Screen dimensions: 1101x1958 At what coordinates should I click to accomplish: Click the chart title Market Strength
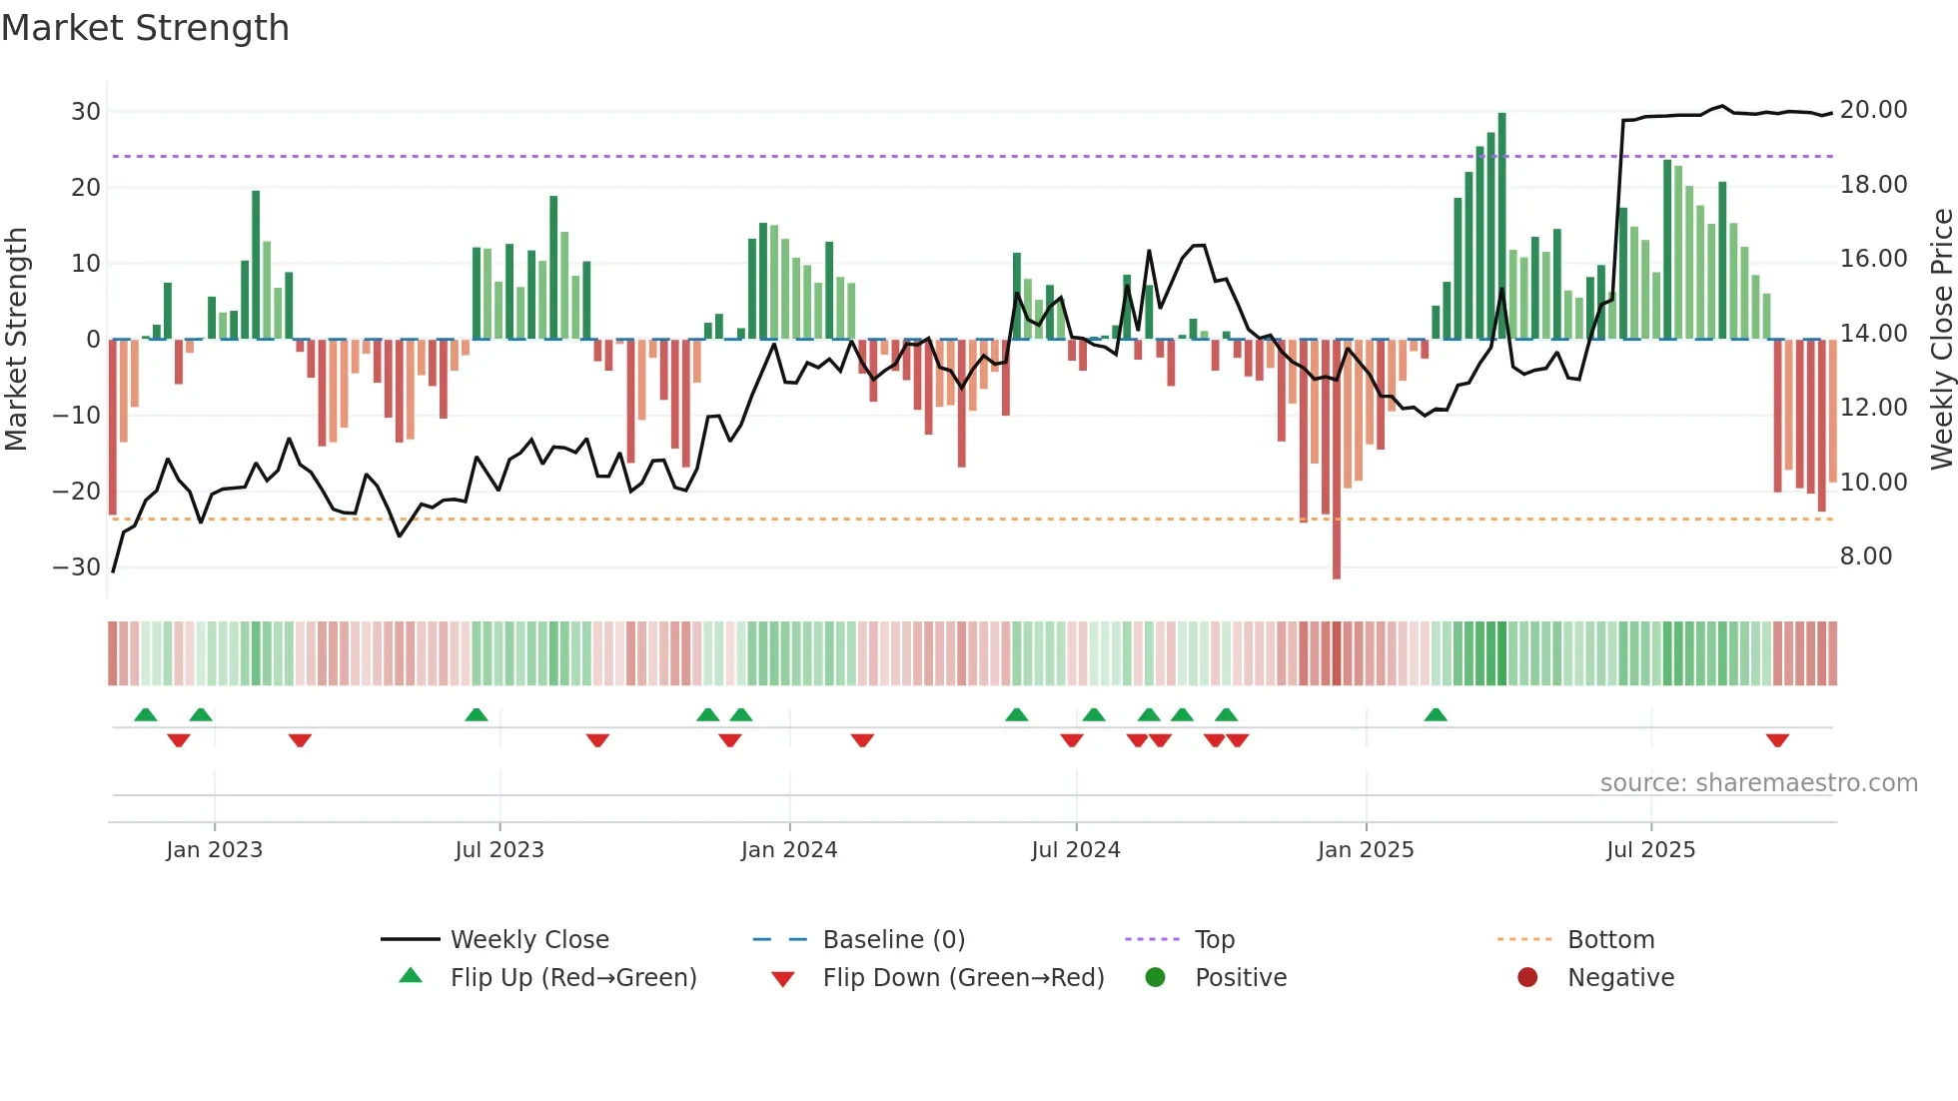[x=145, y=28]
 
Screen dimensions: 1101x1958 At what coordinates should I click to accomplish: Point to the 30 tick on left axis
[x=86, y=111]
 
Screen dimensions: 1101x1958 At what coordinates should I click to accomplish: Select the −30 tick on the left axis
[x=77, y=566]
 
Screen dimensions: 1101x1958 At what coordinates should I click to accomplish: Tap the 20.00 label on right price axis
[x=1873, y=110]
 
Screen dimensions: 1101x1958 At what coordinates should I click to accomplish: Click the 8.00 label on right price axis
[x=1865, y=556]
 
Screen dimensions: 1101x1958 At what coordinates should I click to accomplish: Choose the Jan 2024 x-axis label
[x=788, y=850]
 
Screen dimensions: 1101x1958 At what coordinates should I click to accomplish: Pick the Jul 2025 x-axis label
[x=1650, y=850]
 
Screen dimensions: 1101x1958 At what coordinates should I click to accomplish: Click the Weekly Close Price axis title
[x=1941, y=340]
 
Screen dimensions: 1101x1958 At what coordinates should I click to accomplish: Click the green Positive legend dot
[x=1156, y=978]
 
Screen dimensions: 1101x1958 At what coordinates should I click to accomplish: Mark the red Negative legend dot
[x=1527, y=978]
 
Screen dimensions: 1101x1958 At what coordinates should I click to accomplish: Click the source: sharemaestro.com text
[x=1758, y=783]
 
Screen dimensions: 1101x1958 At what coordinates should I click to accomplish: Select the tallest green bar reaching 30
[x=1501, y=225]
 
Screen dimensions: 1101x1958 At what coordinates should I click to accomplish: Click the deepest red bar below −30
[x=1337, y=460]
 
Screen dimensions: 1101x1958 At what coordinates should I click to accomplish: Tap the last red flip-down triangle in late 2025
[x=1777, y=740]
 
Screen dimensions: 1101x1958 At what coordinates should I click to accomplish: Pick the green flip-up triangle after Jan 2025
[x=1436, y=714]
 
